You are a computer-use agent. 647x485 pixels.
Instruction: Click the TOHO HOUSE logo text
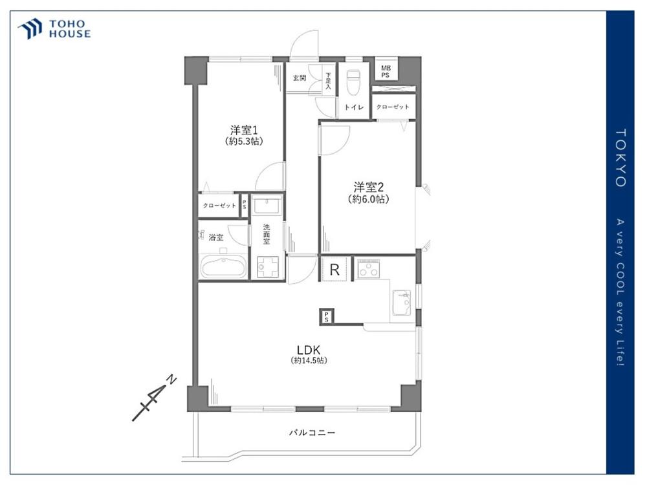(70, 29)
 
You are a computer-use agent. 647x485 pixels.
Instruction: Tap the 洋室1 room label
(244, 131)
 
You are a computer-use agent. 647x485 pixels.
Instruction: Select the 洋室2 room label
(368, 188)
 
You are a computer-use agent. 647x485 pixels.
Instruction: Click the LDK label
(309, 350)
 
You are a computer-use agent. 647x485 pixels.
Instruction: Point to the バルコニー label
(312, 433)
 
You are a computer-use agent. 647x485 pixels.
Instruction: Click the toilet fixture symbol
(354, 83)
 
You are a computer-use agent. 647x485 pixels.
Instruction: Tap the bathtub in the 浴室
(223, 266)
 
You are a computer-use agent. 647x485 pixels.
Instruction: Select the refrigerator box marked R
(334, 270)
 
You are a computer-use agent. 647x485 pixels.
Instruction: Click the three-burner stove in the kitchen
(369, 269)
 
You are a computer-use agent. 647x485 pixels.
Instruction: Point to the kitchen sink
(402, 302)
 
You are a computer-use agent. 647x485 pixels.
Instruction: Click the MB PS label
(386, 72)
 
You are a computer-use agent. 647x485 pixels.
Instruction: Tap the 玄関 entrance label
(299, 78)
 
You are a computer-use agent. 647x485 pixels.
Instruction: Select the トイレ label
(354, 107)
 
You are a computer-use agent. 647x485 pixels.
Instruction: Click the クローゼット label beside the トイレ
(393, 107)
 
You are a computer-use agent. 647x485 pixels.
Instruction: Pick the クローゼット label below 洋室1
(219, 206)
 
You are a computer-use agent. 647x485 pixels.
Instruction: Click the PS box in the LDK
(326, 317)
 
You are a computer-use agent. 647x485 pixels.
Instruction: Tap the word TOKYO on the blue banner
(620, 158)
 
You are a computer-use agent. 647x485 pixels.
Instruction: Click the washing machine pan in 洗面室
(268, 267)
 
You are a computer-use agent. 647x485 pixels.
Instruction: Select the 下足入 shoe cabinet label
(328, 81)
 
